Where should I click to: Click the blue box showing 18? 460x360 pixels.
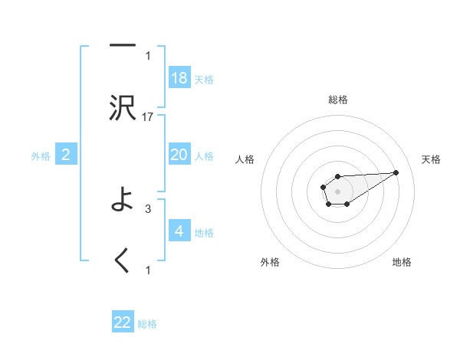pos(179,78)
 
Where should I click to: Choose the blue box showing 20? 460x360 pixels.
pos(179,155)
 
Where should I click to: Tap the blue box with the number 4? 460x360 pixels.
pos(179,231)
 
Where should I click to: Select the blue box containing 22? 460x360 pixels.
pos(123,322)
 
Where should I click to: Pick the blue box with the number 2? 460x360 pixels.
pos(66,155)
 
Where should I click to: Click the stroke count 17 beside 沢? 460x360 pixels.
pos(148,116)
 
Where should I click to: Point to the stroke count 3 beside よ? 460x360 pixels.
pos(148,208)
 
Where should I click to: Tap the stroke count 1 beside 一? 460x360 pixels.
pos(148,55)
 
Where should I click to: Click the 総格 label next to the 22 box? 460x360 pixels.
pos(147,324)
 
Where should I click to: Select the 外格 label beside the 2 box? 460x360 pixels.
pos(41,156)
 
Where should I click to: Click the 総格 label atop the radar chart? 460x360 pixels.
pos(338,100)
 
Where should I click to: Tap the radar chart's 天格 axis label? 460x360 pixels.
pos(432,159)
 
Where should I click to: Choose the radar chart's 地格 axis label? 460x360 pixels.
pos(402,262)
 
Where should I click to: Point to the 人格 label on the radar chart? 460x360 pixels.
pos(245,159)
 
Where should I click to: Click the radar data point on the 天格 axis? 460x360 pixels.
pos(396,172)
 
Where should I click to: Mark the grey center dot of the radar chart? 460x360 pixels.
pos(337,190)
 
